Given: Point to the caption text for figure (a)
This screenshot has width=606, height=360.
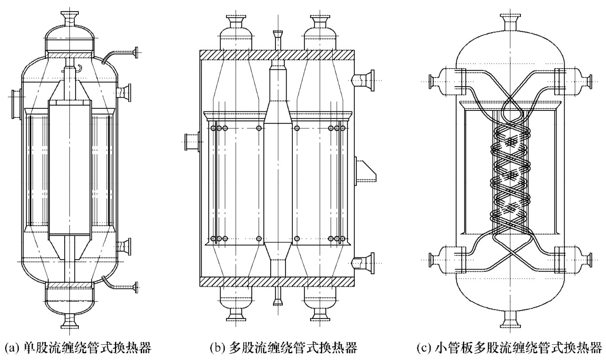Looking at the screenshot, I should pyautogui.click(x=73, y=347).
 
